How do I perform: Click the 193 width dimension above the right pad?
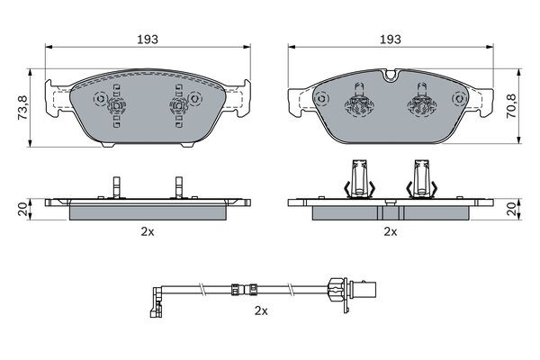(x=390, y=40)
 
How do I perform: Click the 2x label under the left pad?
(x=147, y=231)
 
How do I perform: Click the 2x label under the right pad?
(x=390, y=231)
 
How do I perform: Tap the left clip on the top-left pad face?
(x=115, y=106)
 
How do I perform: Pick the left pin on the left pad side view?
(x=115, y=186)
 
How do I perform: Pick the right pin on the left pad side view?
(x=177, y=186)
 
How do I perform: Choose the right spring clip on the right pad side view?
(x=421, y=177)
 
